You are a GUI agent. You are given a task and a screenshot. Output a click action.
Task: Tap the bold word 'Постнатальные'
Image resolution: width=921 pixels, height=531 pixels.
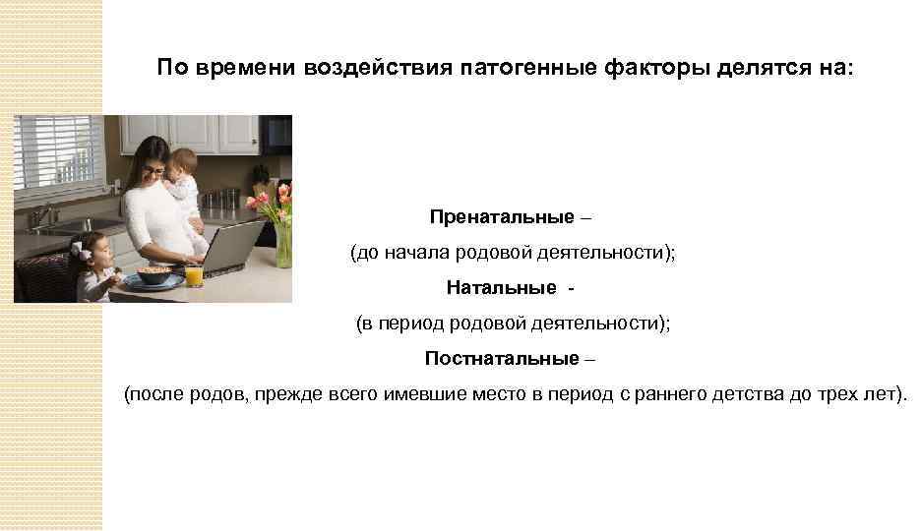(x=502, y=359)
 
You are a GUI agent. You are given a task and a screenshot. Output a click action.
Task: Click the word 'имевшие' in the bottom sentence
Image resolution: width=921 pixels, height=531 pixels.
(x=436, y=394)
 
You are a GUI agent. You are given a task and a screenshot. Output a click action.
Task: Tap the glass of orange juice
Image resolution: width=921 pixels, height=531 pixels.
(x=194, y=274)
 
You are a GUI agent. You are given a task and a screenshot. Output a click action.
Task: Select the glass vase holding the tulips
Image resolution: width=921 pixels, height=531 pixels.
(x=282, y=245)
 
